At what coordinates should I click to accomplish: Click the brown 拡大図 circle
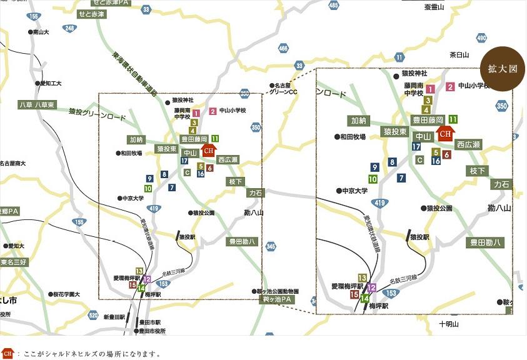502,69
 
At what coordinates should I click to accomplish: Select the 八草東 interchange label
45,104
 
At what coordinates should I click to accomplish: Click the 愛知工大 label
50,83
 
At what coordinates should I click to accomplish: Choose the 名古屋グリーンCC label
284,89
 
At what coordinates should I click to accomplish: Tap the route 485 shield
333,6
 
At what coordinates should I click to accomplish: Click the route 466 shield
284,47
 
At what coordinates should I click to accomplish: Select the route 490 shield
481,38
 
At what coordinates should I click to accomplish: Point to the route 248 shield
69,28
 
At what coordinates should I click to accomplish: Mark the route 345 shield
270,247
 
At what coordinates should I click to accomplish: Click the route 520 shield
93,314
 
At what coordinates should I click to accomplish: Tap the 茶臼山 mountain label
459,55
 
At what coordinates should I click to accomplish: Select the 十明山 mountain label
449,324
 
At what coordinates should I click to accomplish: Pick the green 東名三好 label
14,262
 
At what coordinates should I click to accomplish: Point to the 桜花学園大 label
66,294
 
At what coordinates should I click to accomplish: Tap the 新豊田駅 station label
115,317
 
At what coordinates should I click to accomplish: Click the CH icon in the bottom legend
8,354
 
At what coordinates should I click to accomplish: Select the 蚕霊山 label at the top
433,7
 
